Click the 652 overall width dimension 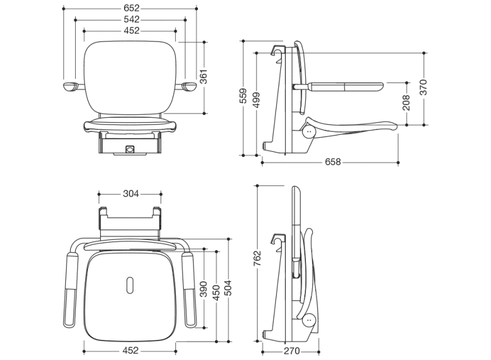tap(131, 8)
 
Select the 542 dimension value tap(131, 20)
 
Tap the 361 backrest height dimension tap(204, 77)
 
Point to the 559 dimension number tap(243, 96)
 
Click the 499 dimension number tap(256, 100)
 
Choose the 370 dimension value tap(423, 87)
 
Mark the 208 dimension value tap(406, 103)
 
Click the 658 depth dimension tap(333, 162)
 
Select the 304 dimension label tap(131, 194)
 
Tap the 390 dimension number tap(203, 289)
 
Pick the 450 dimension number tap(216, 292)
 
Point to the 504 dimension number tap(229, 288)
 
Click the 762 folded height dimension tap(256, 258)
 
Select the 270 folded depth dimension tap(291, 351)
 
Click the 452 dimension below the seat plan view tap(131, 350)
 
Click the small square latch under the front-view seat tap(129, 149)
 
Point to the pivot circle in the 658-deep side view tap(310, 132)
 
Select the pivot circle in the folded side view tap(310, 320)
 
